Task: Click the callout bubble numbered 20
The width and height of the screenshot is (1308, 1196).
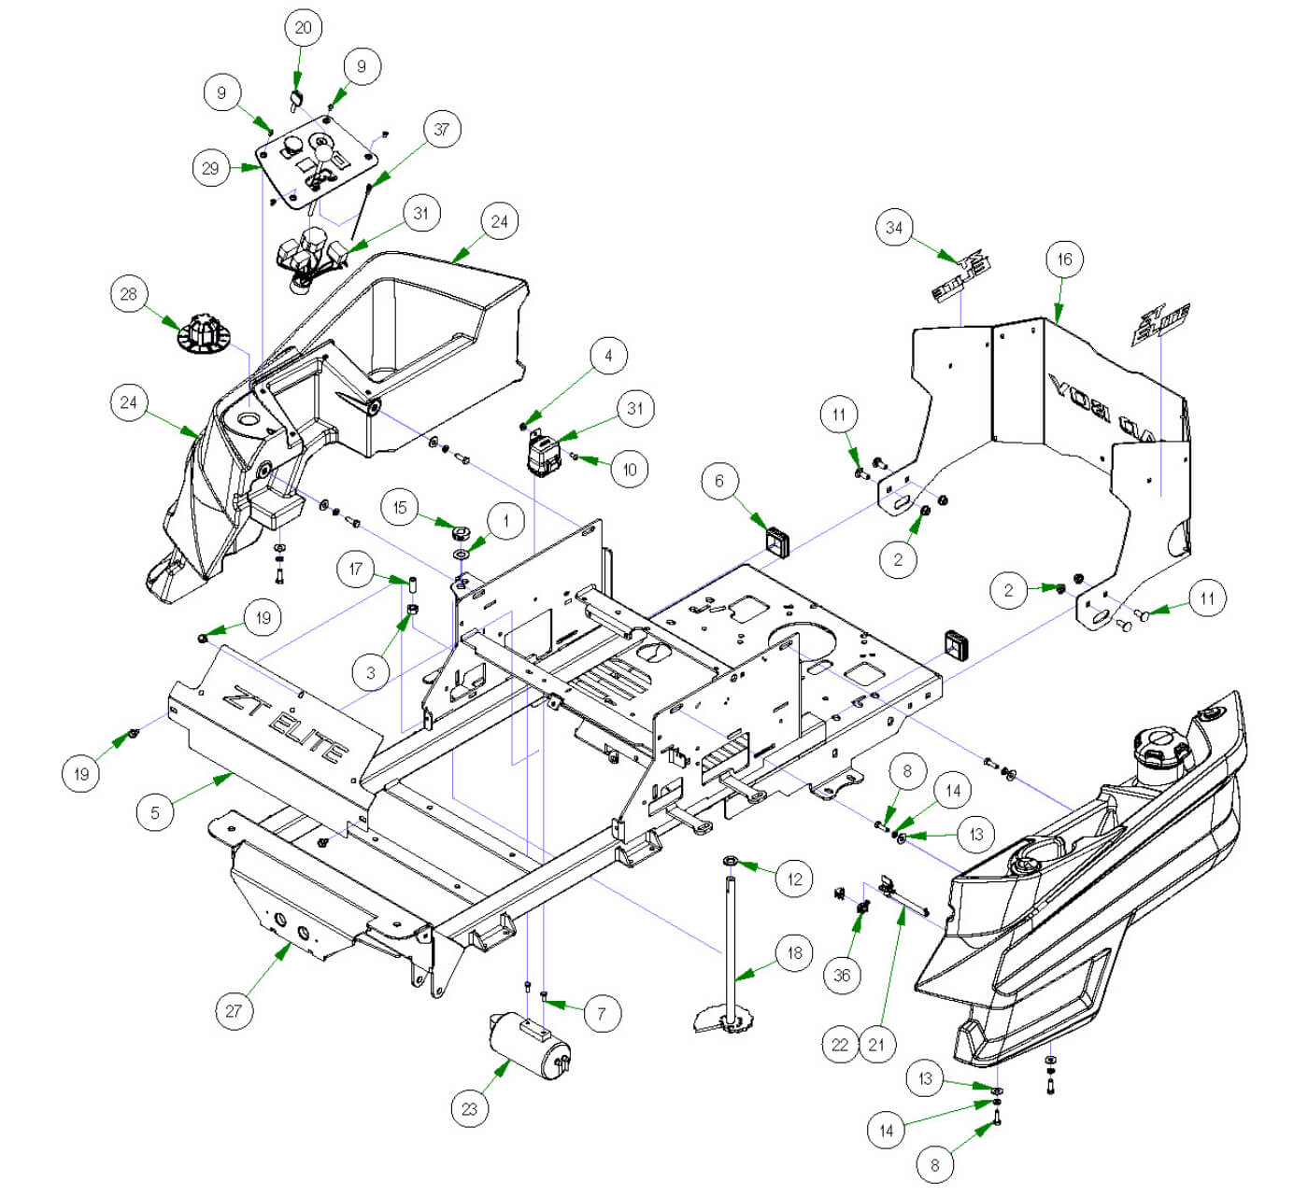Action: [x=303, y=28]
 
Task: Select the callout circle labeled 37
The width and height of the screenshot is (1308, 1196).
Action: [x=441, y=129]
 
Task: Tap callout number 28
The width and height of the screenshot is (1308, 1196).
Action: [x=128, y=295]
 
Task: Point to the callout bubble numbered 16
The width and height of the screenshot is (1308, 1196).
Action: [x=1064, y=260]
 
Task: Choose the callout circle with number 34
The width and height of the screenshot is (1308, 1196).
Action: [x=895, y=228]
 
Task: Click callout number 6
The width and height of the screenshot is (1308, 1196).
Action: [x=719, y=482]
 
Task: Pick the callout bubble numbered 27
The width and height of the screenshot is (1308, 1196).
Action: [x=234, y=1010]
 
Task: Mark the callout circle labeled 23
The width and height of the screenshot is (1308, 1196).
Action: [x=469, y=1109]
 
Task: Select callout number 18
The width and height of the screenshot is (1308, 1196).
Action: [x=794, y=953]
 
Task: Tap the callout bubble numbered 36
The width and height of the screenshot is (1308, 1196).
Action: [x=842, y=976]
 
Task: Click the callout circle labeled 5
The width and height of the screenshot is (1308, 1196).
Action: [x=155, y=812]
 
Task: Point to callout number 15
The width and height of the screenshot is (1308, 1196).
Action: [x=401, y=508]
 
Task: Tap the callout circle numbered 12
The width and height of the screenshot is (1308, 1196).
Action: [x=794, y=879]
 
